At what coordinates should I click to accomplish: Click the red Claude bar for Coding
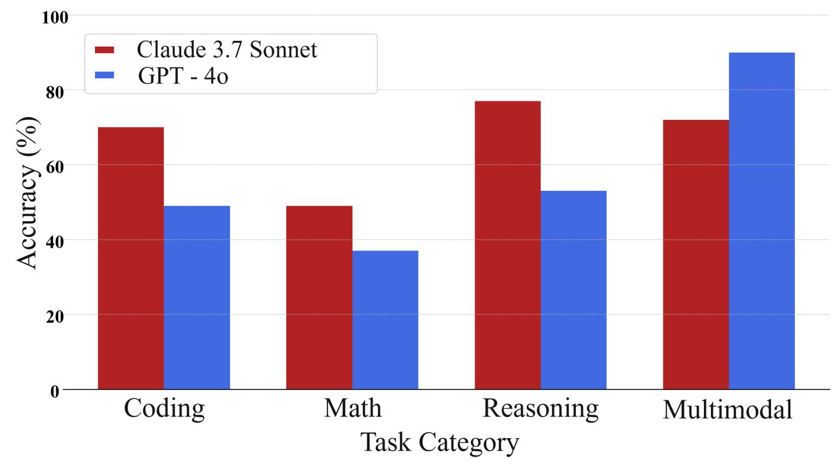coord(131,258)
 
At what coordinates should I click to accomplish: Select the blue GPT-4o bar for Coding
coord(197,297)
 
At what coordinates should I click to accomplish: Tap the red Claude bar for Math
coord(319,297)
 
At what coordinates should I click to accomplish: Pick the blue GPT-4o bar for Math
coord(385,320)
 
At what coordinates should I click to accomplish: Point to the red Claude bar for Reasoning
coord(508,245)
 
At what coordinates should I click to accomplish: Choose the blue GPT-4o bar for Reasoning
coord(573,290)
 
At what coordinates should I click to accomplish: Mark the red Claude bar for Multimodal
coord(696,254)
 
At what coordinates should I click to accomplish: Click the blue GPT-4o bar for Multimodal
coord(761,221)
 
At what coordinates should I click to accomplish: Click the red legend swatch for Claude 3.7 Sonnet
coord(105,50)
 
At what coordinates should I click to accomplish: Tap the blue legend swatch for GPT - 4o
coord(105,75)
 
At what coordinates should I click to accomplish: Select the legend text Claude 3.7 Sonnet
coord(227,50)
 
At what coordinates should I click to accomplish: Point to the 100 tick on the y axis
coord(55,17)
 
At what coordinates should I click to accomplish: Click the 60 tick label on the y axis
coord(55,167)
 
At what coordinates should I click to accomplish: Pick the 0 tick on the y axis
coord(55,391)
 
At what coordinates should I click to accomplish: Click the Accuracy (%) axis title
coord(28,193)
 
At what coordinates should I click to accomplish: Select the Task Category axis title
coord(439,443)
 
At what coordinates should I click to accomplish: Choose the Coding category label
coord(164,408)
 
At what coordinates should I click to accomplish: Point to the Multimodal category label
coord(727,409)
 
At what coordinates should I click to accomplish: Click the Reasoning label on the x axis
coord(541,408)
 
